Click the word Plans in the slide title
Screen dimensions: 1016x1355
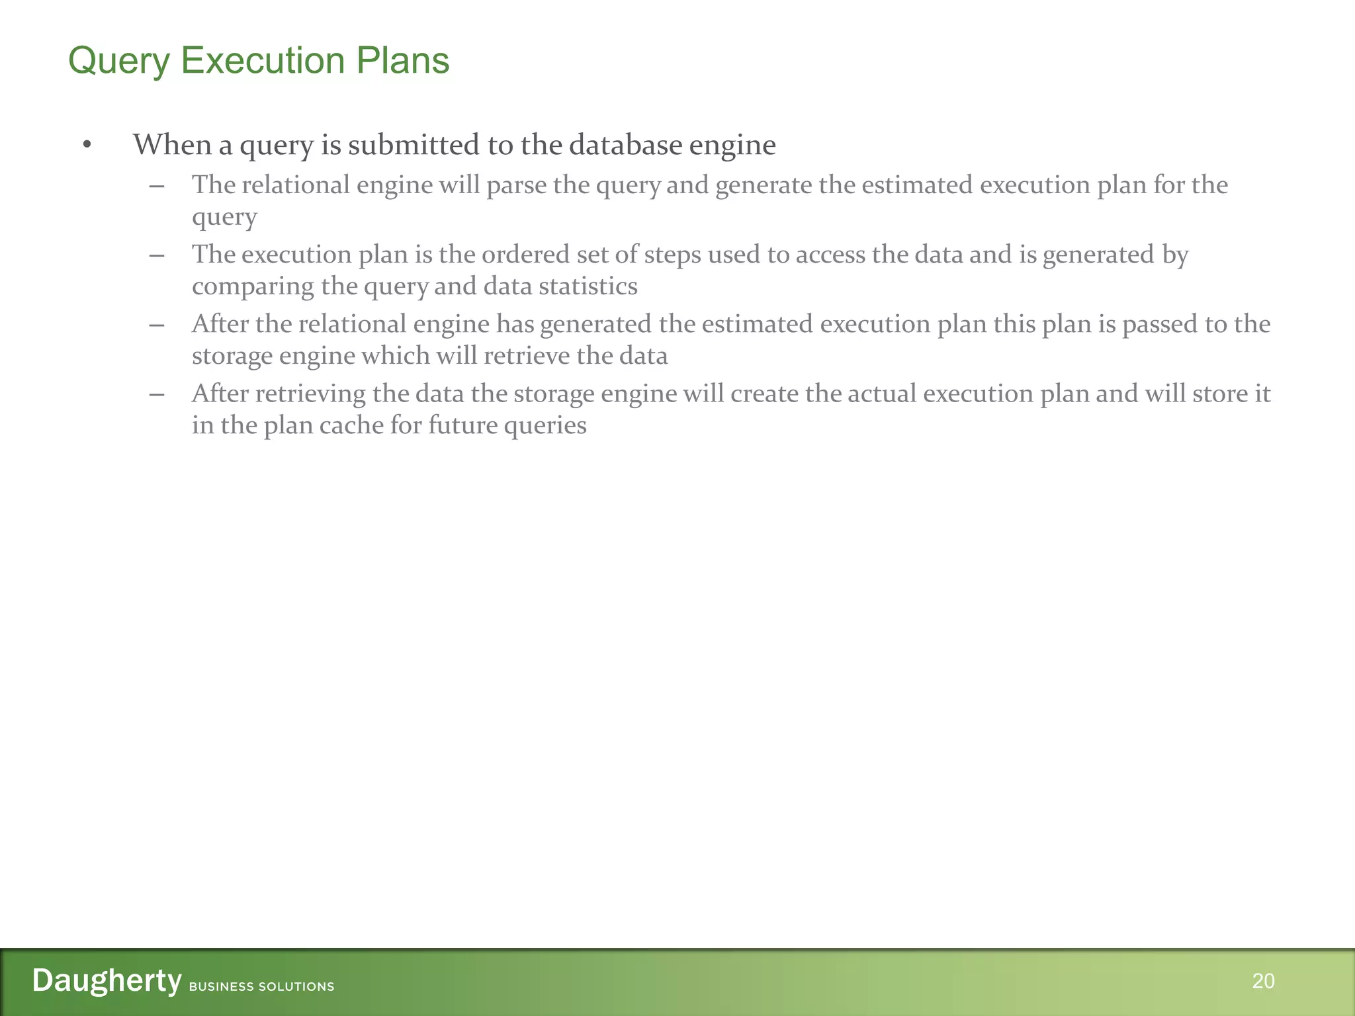pos(402,61)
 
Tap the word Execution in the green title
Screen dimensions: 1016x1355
pos(263,61)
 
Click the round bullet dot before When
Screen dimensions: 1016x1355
pos(87,145)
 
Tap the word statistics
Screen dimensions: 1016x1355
pos(588,286)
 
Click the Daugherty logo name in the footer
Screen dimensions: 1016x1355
pos(107,980)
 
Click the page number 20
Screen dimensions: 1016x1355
pos(1263,981)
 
